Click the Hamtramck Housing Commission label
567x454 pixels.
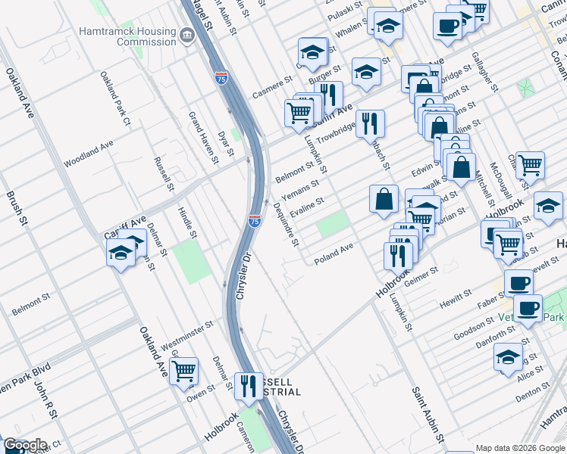(x=127, y=37)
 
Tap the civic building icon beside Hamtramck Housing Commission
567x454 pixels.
(x=186, y=34)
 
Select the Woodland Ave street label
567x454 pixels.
(x=88, y=152)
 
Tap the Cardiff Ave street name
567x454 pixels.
(x=124, y=221)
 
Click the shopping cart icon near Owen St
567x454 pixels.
(x=183, y=371)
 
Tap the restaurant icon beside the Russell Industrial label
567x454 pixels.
(x=248, y=386)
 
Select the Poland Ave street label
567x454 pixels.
(x=334, y=250)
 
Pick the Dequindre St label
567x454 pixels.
(x=286, y=224)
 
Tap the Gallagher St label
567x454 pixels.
(x=485, y=71)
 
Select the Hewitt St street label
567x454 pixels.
(x=456, y=298)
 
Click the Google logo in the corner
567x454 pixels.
(x=24, y=445)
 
